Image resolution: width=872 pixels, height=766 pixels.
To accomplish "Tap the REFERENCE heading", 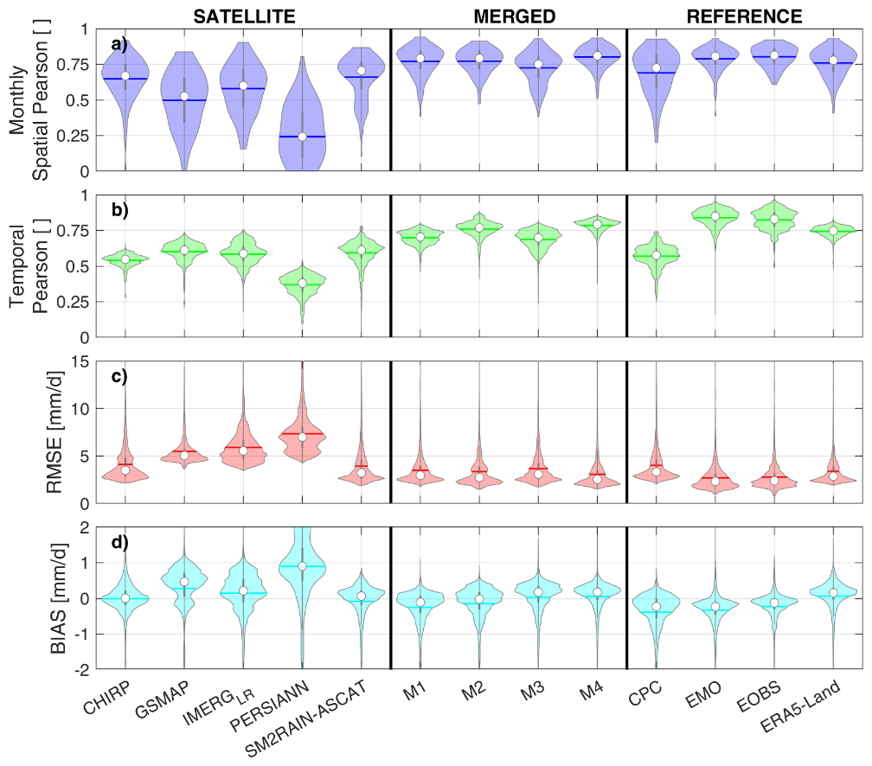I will [744, 16].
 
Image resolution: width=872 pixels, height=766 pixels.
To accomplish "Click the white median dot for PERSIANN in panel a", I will [302, 137].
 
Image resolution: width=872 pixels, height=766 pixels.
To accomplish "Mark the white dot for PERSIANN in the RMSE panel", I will [302, 437].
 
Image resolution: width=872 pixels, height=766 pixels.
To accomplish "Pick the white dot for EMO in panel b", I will [715, 216].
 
